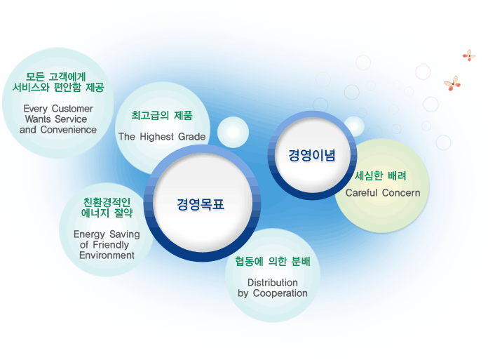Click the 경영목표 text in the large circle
point(201,205)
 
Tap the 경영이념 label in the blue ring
point(312,155)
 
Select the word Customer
point(72,108)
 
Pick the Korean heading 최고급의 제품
point(162,116)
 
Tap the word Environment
point(107,255)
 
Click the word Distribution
point(272,283)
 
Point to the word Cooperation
point(280,293)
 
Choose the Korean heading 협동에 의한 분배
point(272,261)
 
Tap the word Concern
point(401,193)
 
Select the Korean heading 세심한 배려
point(380,176)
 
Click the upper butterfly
point(468,55)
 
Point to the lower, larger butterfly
point(452,83)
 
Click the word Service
point(71,119)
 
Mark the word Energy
point(89,234)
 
